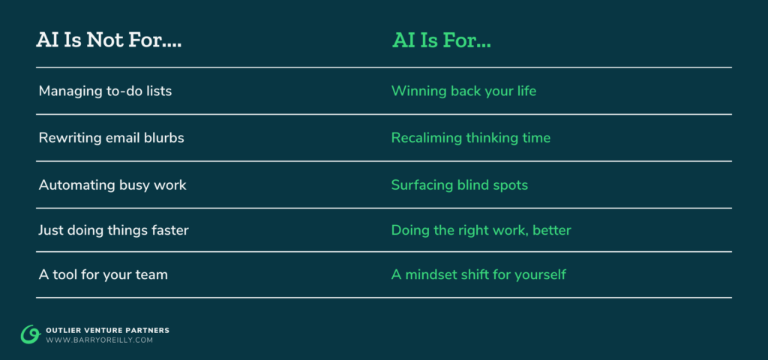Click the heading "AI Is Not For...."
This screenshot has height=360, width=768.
(x=109, y=40)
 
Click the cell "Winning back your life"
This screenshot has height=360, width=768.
(x=463, y=91)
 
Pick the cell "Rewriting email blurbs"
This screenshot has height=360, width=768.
(x=111, y=138)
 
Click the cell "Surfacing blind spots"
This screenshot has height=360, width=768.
(x=459, y=184)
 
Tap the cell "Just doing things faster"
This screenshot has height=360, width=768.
(x=113, y=230)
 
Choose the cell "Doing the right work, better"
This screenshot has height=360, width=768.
(x=481, y=230)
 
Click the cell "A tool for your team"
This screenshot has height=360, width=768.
(x=103, y=274)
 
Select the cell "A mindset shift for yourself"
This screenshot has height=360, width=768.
(x=478, y=274)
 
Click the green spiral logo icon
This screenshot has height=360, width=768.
(x=30, y=334)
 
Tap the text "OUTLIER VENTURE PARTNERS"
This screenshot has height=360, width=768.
(x=107, y=330)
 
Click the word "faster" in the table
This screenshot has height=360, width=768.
(x=168, y=230)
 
